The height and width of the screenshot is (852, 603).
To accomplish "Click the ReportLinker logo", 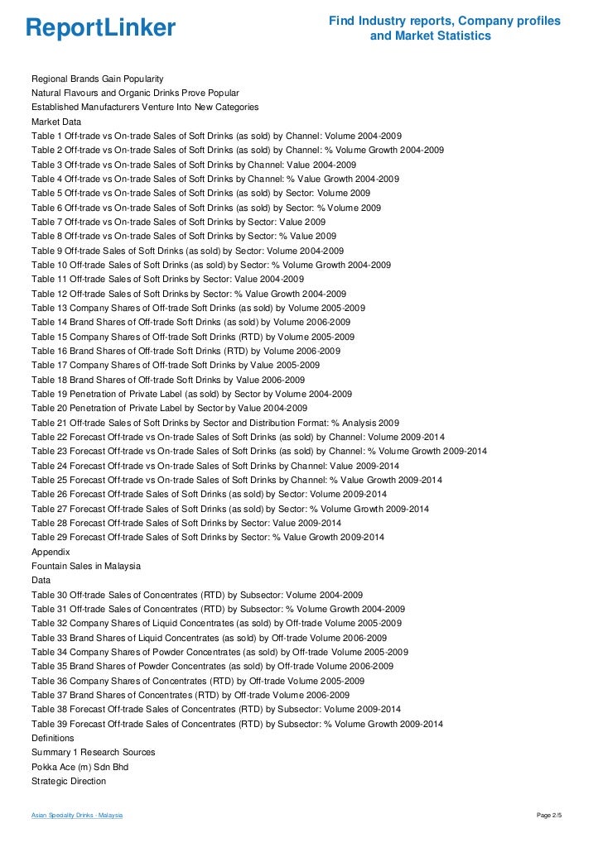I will (x=101, y=28).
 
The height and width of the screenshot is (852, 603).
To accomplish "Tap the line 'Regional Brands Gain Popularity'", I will (x=97, y=78).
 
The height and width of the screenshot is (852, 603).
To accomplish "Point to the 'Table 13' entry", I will (x=198, y=308).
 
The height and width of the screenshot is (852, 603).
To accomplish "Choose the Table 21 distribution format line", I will (x=215, y=422).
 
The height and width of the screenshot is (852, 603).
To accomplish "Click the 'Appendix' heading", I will (x=51, y=552).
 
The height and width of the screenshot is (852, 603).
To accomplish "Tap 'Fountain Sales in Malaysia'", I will (x=86, y=566).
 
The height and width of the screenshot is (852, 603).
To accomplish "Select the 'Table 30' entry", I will (x=197, y=595).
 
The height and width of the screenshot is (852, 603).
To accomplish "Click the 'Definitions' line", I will (x=53, y=738).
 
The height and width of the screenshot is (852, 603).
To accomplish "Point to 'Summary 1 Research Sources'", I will (x=93, y=752).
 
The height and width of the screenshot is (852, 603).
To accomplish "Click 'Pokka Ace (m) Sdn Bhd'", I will (x=80, y=767).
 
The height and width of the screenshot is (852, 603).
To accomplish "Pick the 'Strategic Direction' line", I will (x=69, y=781).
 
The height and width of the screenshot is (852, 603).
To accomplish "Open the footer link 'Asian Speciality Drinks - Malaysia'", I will (x=77, y=816).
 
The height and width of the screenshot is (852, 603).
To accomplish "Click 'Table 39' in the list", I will (x=237, y=724).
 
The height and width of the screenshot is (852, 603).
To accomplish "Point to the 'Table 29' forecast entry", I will (x=207, y=538).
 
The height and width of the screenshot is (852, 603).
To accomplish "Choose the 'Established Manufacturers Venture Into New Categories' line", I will (x=145, y=107).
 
